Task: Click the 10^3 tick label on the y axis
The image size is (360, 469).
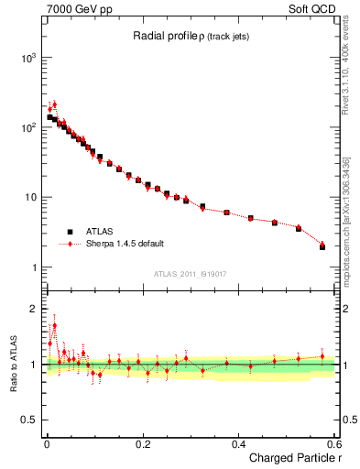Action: coord(27,58)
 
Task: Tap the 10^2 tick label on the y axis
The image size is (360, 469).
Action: coord(27,127)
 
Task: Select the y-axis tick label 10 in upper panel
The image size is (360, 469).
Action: coord(29,198)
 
